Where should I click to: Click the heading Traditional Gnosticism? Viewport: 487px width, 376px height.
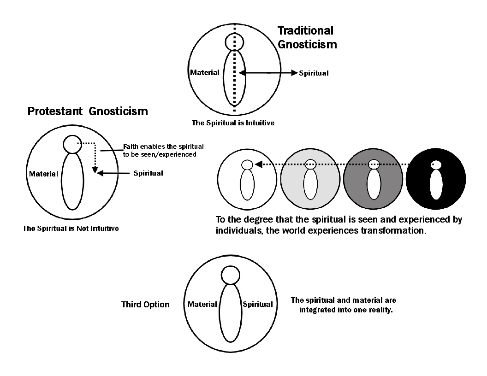(307, 37)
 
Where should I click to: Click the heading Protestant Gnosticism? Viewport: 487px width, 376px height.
(88, 111)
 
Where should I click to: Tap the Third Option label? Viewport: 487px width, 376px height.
(145, 305)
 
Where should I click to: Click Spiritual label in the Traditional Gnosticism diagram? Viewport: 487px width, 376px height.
(314, 73)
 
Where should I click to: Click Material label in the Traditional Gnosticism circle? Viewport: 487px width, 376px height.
(205, 73)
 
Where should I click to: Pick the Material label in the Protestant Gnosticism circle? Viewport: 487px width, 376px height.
(43, 174)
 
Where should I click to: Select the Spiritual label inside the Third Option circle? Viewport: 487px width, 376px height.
(257, 304)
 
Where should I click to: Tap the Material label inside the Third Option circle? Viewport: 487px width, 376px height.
(202, 304)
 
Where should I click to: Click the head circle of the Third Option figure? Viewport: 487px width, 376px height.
(231, 275)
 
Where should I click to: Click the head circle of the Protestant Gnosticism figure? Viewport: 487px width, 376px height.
(72, 144)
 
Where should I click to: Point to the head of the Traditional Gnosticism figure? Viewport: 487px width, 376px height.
(234, 42)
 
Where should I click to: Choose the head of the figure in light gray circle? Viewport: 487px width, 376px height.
(310, 163)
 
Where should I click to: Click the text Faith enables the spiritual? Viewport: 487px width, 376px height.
(163, 147)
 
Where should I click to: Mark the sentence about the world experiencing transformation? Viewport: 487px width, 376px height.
(339, 225)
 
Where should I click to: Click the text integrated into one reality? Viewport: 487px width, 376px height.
(345, 309)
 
